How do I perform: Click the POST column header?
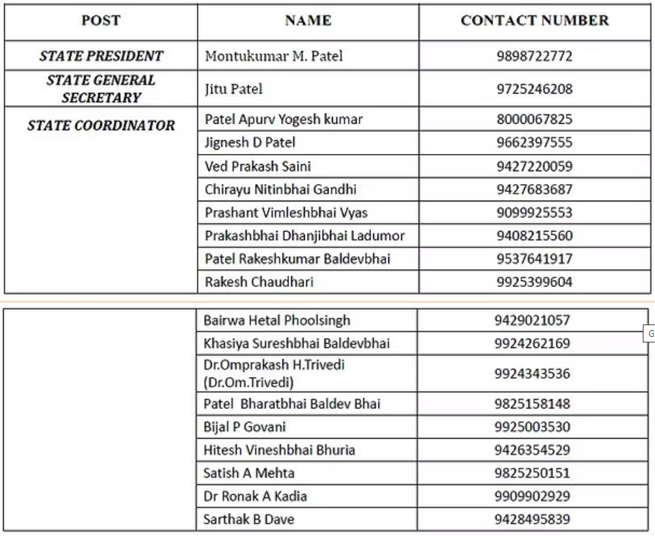coord(101,21)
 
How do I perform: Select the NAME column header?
coord(308,21)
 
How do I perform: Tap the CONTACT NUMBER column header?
coord(534,21)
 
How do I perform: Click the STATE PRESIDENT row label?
coord(101,56)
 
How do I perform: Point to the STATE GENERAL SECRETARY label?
coord(101,89)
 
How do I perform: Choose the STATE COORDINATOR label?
coord(101,126)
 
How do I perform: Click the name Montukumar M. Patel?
coord(274,56)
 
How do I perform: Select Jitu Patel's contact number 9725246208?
coord(534,89)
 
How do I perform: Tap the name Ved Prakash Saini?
coord(257,167)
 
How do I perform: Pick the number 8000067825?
coord(534,119)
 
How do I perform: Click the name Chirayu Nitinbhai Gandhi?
coord(280,190)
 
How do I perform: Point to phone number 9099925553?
coord(534,213)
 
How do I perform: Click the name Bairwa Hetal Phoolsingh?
coord(277,320)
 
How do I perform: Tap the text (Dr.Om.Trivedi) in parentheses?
coord(249,383)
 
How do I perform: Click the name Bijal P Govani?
coord(244,427)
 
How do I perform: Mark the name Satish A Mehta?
coord(249,473)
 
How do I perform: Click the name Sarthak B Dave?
coord(249,519)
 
